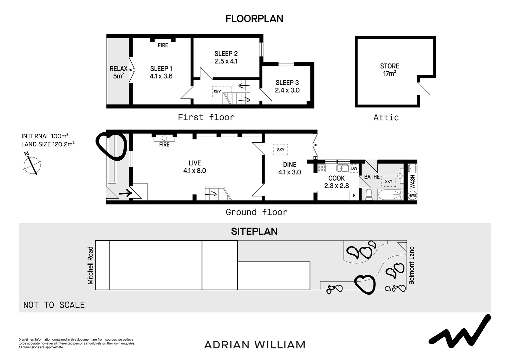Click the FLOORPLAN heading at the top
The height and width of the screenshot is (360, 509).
coord(254,19)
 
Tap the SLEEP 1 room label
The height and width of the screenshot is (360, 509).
coord(161,69)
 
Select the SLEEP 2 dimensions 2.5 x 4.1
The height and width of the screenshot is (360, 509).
coord(226,61)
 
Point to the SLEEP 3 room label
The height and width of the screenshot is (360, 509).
coord(287,83)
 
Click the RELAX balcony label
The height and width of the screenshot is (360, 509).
coord(119,69)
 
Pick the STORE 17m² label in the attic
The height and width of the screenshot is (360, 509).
coord(389,70)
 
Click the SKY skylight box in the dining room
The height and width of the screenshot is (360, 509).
coord(281,150)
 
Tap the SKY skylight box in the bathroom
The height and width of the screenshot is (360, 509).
coord(388,181)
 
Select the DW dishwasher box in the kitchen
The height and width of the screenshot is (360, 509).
coord(354,168)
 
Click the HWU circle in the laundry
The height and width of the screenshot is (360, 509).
coord(412,195)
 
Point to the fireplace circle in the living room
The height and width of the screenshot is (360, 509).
coord(164,138)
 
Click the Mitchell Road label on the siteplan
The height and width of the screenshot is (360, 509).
coord(90,265)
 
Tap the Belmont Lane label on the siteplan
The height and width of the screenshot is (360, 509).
coord(412,265)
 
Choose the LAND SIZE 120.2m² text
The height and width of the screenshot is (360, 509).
coord(48,144)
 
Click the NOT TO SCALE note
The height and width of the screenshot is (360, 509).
coord(54,305)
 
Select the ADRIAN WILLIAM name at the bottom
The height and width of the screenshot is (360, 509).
coord(254,345)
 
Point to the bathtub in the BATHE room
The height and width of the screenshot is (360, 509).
coord(390,195)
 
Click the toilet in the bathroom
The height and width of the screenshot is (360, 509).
coord(368,195)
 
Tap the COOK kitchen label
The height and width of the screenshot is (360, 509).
coord(336,178)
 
